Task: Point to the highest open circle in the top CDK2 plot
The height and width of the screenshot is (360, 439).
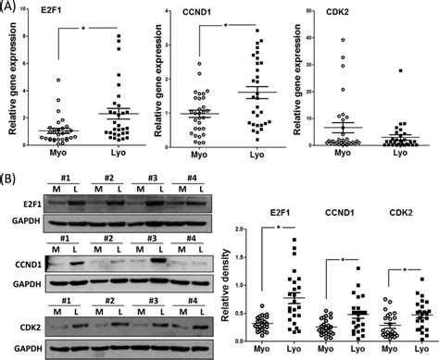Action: pos(343,40)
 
